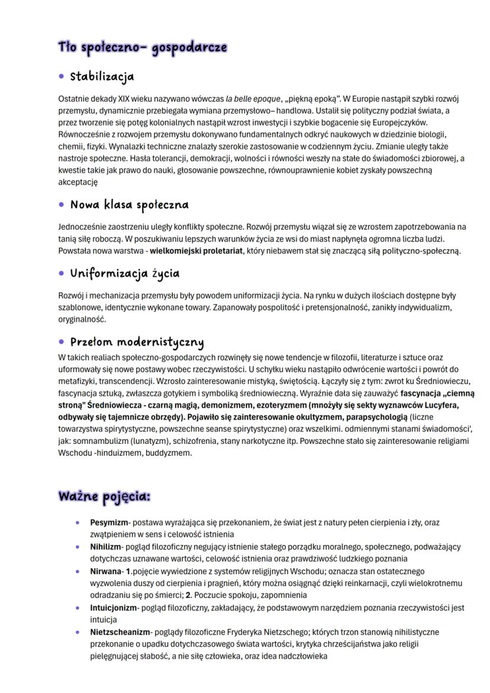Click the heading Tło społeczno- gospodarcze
coord(142,47)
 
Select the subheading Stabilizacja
coord(102,76)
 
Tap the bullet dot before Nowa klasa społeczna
coord(62,205)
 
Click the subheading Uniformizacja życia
coord(124,273)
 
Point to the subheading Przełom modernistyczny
coord(137,342)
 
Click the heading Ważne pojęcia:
coord(104,496)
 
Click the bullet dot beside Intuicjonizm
coord(78,608)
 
